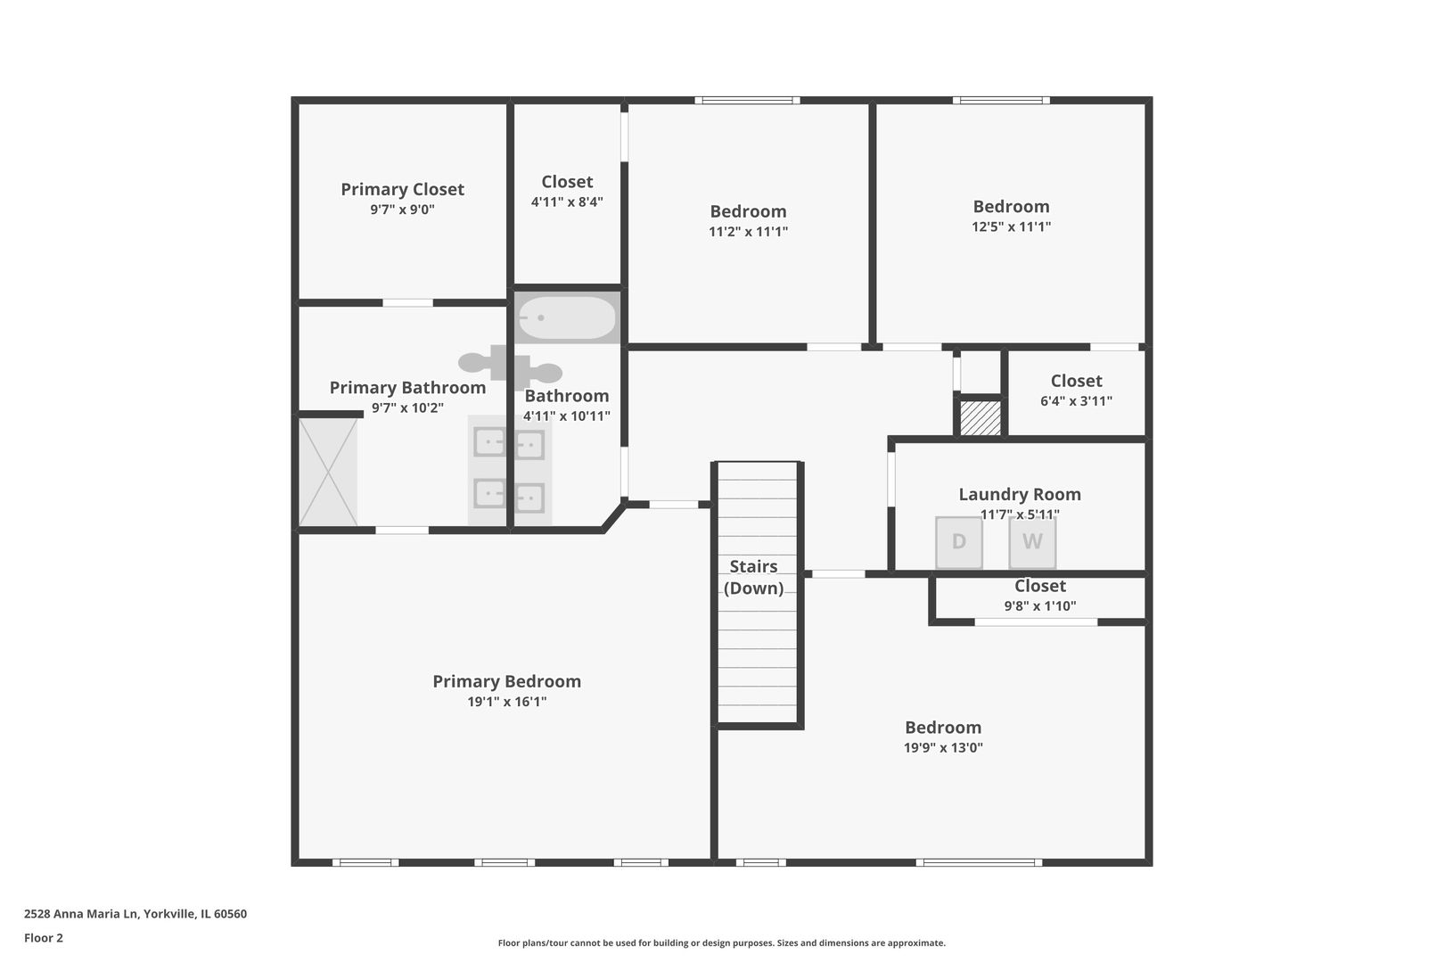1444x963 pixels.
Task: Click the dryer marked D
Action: pos(958,542)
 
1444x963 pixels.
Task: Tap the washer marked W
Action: pos(1032,542)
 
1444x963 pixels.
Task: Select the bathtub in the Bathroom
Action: pos(567,317)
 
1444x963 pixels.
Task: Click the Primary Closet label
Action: pos(402,189)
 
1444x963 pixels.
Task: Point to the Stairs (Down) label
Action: pos(753,577)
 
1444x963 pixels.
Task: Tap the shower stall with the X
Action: pos(327,472)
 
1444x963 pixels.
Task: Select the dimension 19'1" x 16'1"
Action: pos(506,702)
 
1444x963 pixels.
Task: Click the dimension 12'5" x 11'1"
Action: pos(1011,226)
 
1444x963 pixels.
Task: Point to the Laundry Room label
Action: pos(1019,494)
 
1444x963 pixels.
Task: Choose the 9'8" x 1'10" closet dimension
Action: pos(1039,606)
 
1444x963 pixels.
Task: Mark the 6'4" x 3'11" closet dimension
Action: pos(1076,401)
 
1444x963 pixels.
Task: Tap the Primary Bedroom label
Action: pos(506,681)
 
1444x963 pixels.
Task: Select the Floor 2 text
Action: pos(44,938)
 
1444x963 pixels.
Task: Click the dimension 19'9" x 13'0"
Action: pos(943,748)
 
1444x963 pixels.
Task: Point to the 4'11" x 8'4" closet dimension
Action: pos(567,202)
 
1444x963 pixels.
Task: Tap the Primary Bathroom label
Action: pos(407,388)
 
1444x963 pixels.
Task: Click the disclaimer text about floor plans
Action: pos(721,942)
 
